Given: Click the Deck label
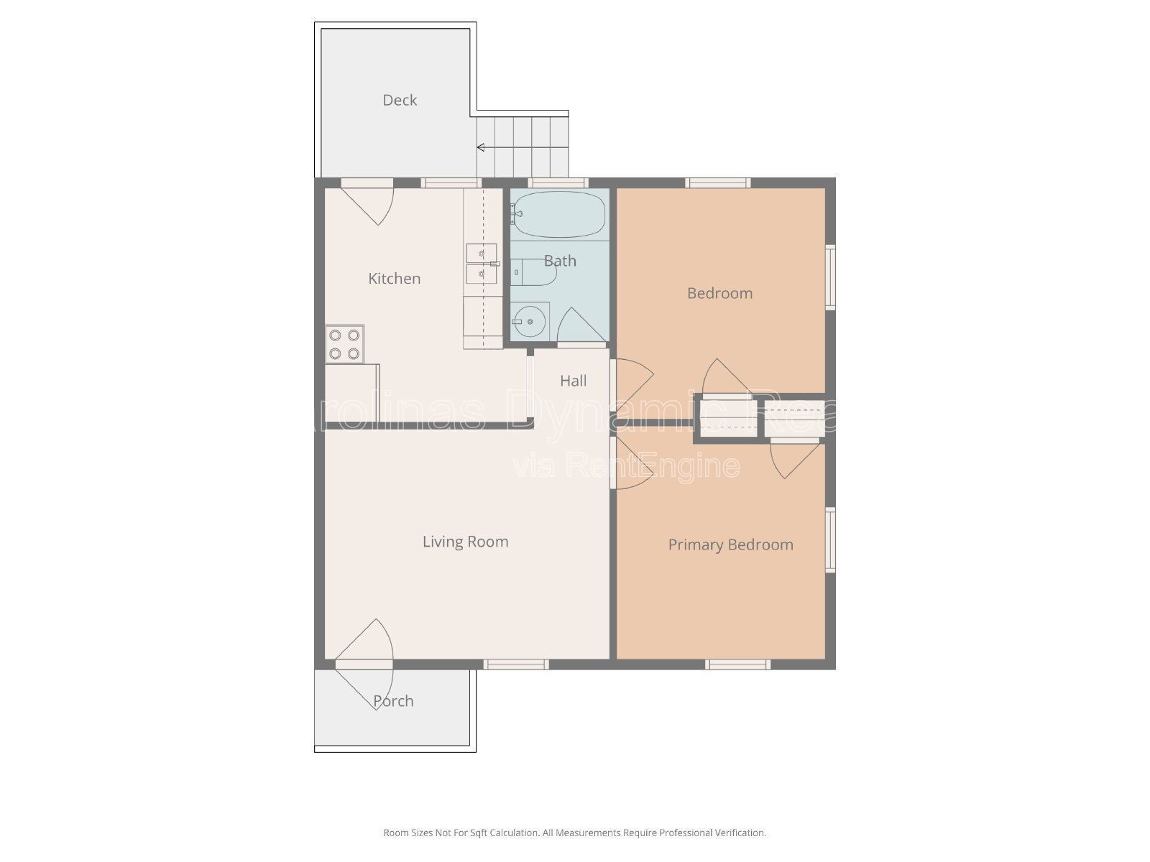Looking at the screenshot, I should (400, 101).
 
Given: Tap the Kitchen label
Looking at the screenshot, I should (394, 279).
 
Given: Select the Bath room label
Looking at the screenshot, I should (560, 261).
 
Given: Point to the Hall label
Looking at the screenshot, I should (573, 381).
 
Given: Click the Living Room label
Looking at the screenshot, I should (465, 542).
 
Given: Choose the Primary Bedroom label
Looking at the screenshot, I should (730, 545).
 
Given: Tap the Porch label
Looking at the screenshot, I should (393, 701).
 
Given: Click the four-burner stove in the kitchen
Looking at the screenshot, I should (344, 343).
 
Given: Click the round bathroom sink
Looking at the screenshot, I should (530, 321).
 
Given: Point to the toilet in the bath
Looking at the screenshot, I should (535, 274).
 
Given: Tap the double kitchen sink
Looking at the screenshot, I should (481, 264).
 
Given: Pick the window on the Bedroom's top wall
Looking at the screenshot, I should (717, 183).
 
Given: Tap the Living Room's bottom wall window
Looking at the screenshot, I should (515, 664).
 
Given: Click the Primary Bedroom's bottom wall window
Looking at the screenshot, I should (737, 664).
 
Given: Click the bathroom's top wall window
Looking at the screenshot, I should (558, 183).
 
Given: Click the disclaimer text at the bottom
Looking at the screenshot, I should (574, 833).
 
